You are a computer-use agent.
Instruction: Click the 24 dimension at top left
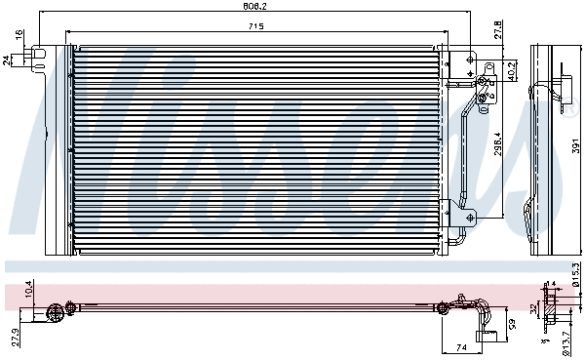pyautogui.click(x=8, y=60)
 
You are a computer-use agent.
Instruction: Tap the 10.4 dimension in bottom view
pyautogui.click(x=29, y=289)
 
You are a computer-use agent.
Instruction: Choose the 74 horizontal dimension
pyautogui.click(x=460, y=345)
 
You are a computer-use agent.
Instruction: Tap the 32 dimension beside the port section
pyautogui.click(x=534, y=309)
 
